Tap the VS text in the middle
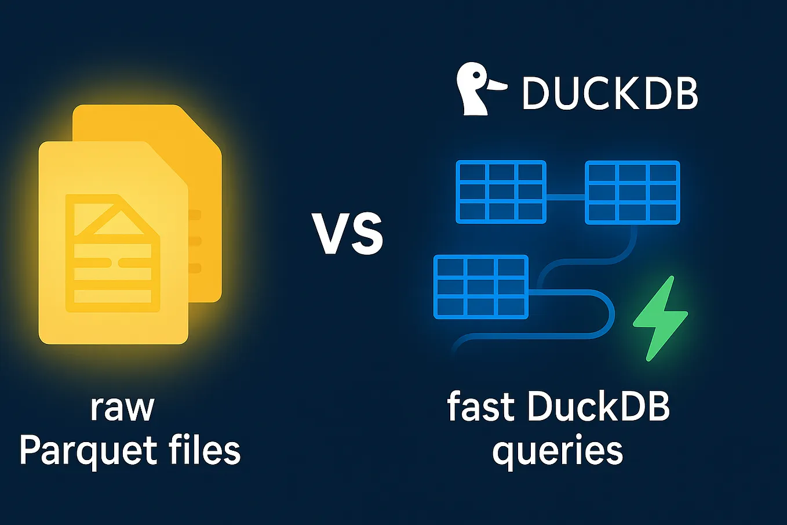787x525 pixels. pos(347,234)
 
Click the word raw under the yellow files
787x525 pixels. pos(122,407)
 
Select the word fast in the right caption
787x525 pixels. pos(480,407)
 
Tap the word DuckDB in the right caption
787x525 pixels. pos(599,407)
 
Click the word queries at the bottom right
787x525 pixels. pos(558,451)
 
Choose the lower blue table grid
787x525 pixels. pos(481,287)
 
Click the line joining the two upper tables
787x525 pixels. pos(566,197)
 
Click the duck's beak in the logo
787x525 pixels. pos(497,87)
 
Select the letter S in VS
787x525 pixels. pos(368,234)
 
